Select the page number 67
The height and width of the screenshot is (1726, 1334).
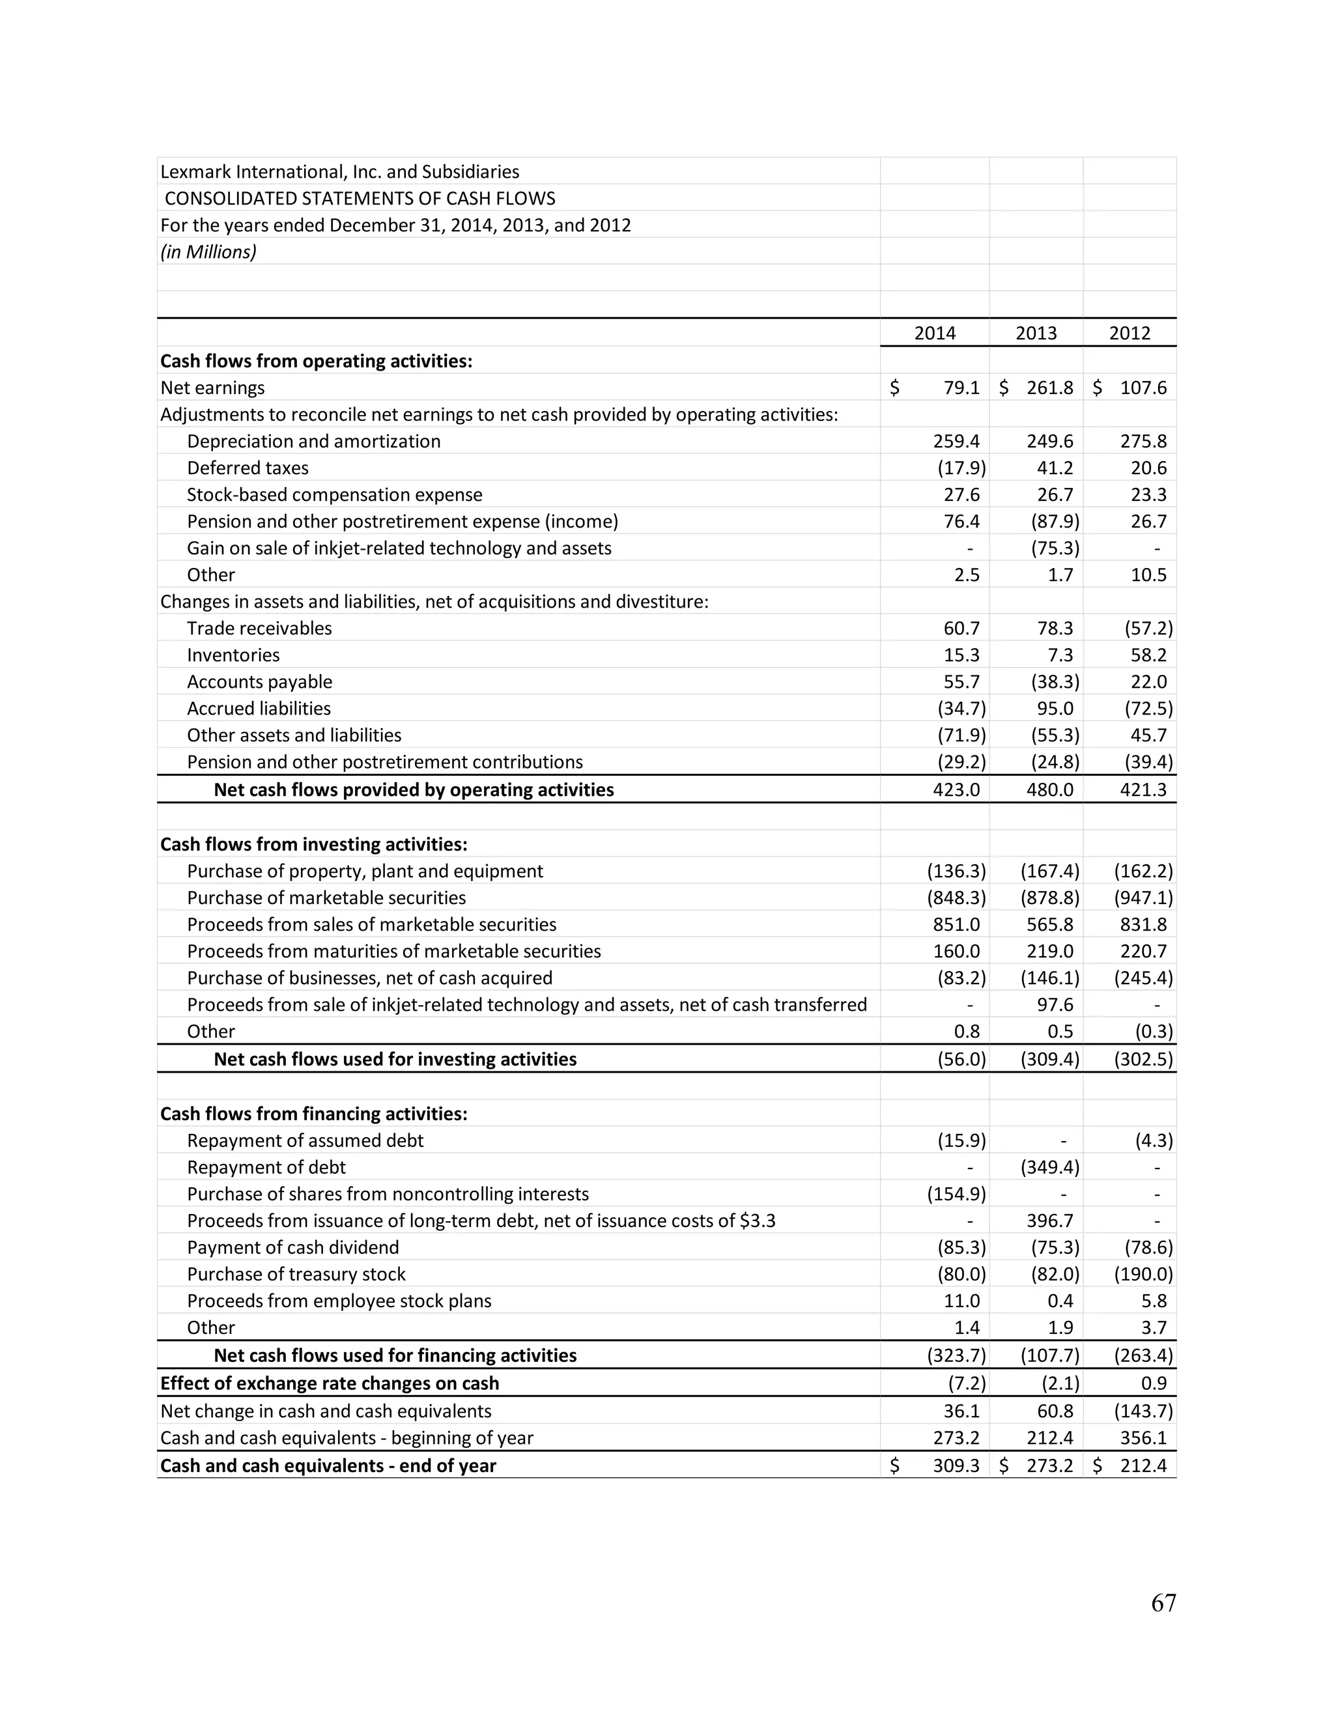point(1163,1603)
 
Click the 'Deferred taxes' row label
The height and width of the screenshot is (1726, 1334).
point(248,468)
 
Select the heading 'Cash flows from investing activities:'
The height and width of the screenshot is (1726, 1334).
point(314,844)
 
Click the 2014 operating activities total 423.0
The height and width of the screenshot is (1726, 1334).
point(956,789)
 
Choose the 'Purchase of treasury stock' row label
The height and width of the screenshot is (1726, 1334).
point(296,1274)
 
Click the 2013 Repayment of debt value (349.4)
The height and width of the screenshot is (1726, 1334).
point(1049,1167)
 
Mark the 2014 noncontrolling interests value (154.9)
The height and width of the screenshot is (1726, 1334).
point(956,1194)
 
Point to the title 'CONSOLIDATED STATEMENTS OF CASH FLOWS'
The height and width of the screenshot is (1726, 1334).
point(360,199)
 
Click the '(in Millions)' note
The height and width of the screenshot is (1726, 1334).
point(208,252)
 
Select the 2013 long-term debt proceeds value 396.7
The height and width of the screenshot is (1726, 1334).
point(1049,1221)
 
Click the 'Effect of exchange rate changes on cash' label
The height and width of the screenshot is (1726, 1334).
point(330,1383)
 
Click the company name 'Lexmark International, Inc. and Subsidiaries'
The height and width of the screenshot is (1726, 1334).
point(340,171)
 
